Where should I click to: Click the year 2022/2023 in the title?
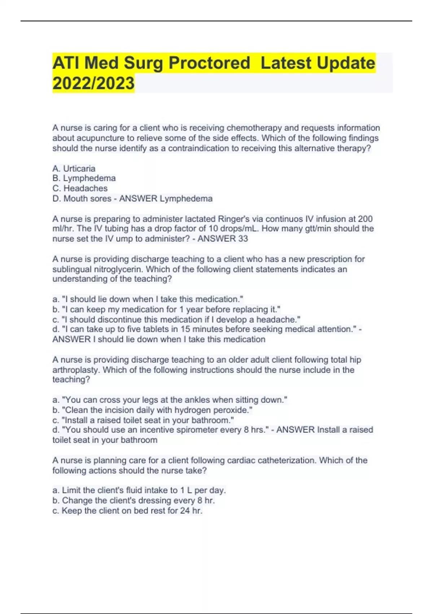point(93,83)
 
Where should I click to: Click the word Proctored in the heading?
point(209,63)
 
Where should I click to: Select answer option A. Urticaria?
point(74,168)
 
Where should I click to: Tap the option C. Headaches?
point(80,188)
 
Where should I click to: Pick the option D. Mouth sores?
point(82,198)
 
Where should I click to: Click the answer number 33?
point(243,239)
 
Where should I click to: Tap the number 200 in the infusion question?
point(365,219)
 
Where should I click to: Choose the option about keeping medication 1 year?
point(166,309)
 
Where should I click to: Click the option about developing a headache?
point(176,319)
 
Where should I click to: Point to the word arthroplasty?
point(75,370)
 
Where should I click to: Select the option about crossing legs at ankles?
point(170,400)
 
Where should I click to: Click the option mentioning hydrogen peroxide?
point(152,410)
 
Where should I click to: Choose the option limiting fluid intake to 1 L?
point(139,490)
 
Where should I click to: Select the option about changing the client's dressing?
point(134,500)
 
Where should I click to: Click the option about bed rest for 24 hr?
point(127,510)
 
